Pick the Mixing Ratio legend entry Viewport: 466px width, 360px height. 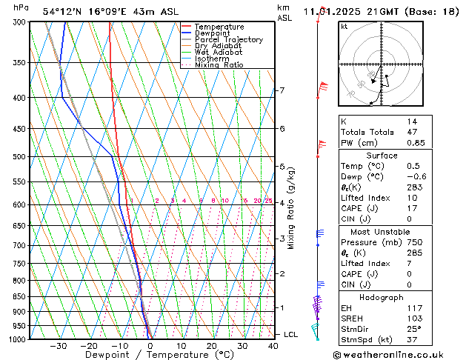219,65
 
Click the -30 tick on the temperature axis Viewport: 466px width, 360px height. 59,346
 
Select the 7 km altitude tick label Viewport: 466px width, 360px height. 282,90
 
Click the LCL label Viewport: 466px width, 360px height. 291,335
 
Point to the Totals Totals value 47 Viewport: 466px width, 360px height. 412,131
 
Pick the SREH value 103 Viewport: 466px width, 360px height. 415,318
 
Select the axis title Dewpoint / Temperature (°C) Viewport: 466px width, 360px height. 149,355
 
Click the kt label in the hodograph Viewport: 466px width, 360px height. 344,26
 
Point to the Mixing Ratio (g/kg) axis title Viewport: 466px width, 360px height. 291,208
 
